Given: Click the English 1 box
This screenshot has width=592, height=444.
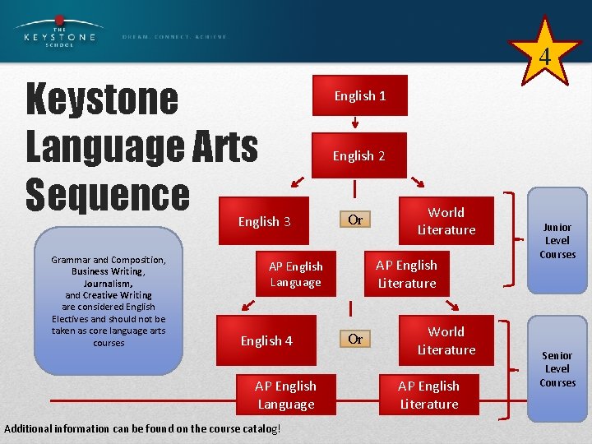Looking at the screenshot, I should tap(359, 96).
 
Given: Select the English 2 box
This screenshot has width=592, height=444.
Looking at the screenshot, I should tap(359, 155).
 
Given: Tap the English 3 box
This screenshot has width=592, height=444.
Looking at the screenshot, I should tap(264, 221).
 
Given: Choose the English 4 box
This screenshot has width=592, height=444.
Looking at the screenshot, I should tap(266, 340).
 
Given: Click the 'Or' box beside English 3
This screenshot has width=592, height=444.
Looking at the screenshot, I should tap(355, 220).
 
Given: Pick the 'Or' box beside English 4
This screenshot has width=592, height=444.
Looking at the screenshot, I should tap(355, 339).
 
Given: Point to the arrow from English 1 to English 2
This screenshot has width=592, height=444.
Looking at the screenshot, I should tap(355, 123).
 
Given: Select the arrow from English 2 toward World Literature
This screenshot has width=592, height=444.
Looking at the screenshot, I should tap(419, 183).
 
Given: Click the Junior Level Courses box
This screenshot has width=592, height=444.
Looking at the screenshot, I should tap(557, 241).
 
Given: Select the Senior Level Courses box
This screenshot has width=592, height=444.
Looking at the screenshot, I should tap(557, 369).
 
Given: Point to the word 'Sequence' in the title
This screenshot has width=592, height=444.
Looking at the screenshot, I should tap(108, 195).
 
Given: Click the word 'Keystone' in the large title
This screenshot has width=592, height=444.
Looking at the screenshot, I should tap(102, 99).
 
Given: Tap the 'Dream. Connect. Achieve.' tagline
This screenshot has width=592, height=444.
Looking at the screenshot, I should tap(174, 37).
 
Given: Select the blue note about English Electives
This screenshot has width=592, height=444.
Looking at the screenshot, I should tap(109, 301).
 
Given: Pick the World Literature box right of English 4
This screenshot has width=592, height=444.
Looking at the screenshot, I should tap(446, 340).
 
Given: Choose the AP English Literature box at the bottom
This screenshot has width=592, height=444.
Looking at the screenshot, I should tap(428, 395).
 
